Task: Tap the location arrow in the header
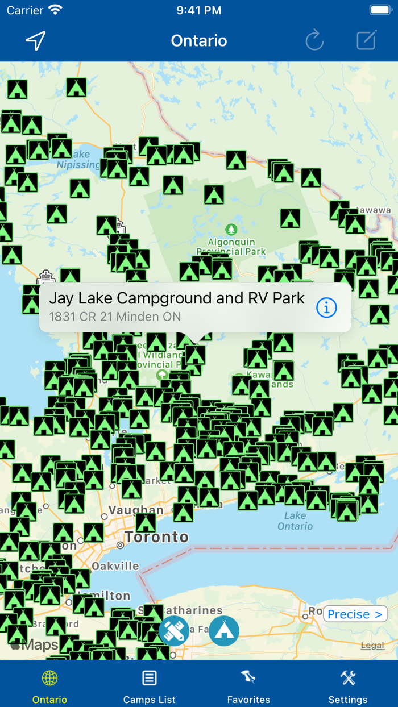[35, 40]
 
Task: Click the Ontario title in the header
[199, 41]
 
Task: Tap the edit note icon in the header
[366, 40]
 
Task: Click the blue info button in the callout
[326, 307]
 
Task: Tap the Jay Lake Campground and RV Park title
[177, 298]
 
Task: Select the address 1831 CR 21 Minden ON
[115, 317]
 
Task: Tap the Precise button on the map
[355, 614]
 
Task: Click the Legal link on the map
[372, 645]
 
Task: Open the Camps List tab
[149, 686]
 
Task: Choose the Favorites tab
[248, 686]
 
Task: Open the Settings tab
[348, 686]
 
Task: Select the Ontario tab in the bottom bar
[49, 686]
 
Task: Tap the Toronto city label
[157, 537]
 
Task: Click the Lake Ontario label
[295, 521]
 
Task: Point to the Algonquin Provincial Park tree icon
[231, 230]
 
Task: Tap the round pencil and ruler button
[174, 631]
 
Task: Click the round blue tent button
[224, 631]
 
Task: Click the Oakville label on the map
[115, 566]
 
